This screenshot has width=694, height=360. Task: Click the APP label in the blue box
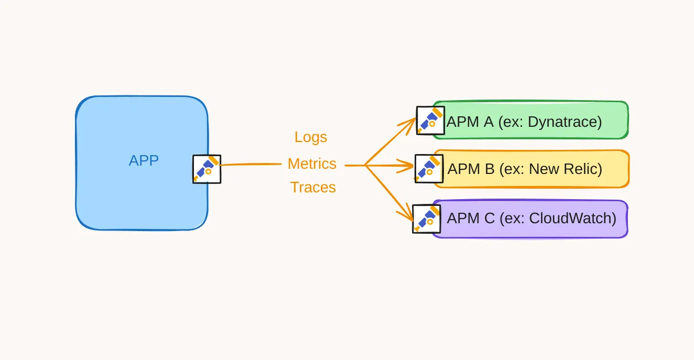(144, 160)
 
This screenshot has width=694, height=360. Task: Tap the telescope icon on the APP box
(207, 169)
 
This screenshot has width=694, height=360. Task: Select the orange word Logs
(311, 137)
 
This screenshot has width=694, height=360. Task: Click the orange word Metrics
(312, 163)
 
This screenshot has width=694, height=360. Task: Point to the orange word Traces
(313, 187)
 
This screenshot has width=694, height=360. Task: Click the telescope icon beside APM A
(430, 121)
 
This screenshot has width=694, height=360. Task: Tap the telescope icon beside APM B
(429, 168)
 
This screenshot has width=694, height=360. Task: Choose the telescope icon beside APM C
(427, 219)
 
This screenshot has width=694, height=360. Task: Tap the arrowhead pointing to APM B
(409, 167)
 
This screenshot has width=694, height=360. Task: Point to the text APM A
(470, 122)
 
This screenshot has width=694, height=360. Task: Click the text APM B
(471, 169)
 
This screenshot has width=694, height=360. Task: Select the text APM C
(471, 218)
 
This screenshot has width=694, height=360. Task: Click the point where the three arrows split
(365, 166)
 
